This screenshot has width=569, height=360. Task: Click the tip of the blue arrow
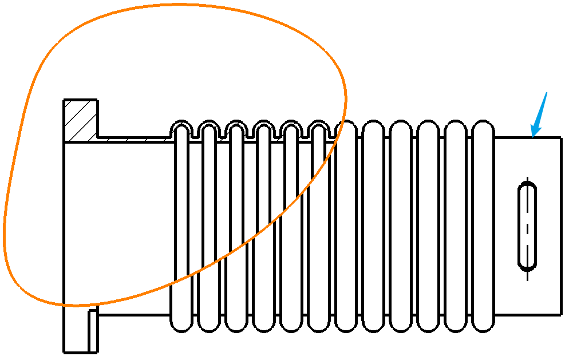[x=532, y=137]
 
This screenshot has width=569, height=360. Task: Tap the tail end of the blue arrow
[x=547, y=93]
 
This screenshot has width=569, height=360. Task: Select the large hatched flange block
[x=81, y=120]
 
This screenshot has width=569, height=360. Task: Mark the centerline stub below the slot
[x=527, y=275]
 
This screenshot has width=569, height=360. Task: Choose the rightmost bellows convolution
[x=483, y=226]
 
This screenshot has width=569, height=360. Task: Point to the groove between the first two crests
[x=195, y=134]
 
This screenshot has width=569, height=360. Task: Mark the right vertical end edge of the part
[x=560, y=226]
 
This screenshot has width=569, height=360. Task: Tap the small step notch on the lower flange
[x=93, y=312]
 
